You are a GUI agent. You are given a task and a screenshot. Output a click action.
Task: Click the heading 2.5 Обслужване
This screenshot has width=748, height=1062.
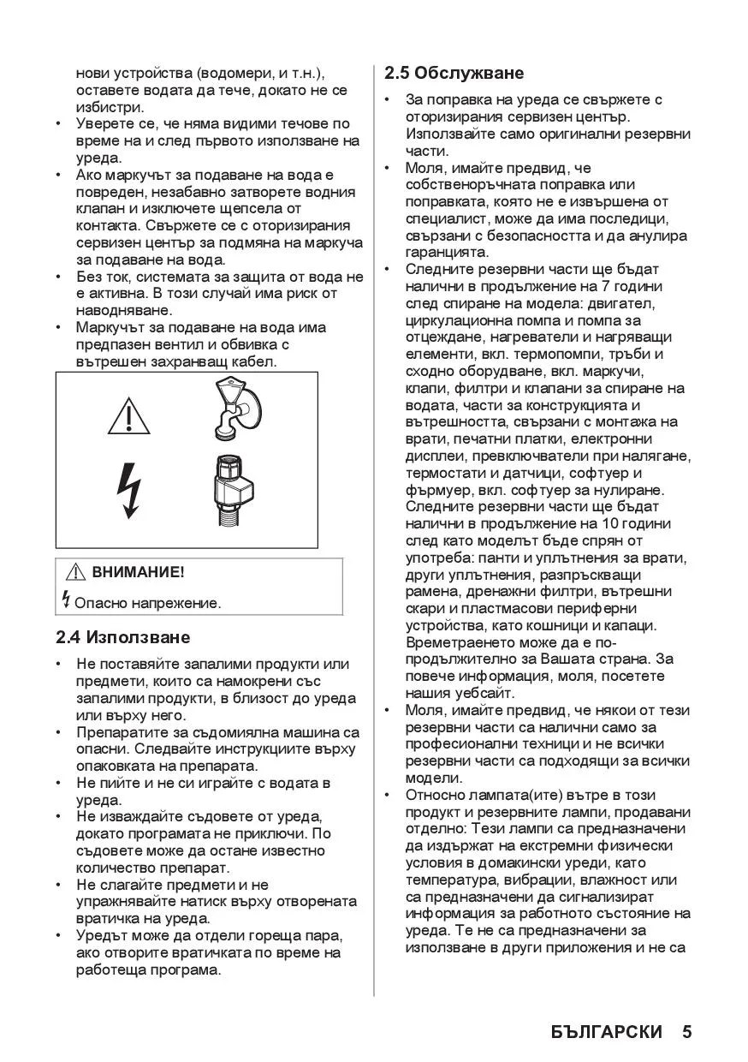point(454,73)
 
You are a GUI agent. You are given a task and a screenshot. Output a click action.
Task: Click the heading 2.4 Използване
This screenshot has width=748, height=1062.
point(123,637)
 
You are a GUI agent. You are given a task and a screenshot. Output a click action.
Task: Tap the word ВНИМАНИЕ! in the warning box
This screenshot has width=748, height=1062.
point(138,572)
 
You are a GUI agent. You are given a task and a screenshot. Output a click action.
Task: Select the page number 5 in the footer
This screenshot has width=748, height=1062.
point(686,1031)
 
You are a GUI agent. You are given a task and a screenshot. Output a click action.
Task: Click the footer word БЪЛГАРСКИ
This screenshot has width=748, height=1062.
point(607,1031)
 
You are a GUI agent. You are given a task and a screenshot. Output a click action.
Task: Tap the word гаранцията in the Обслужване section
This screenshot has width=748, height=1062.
point(447,252)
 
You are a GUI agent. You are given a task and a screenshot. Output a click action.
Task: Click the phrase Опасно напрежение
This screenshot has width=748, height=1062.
point(148,602)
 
